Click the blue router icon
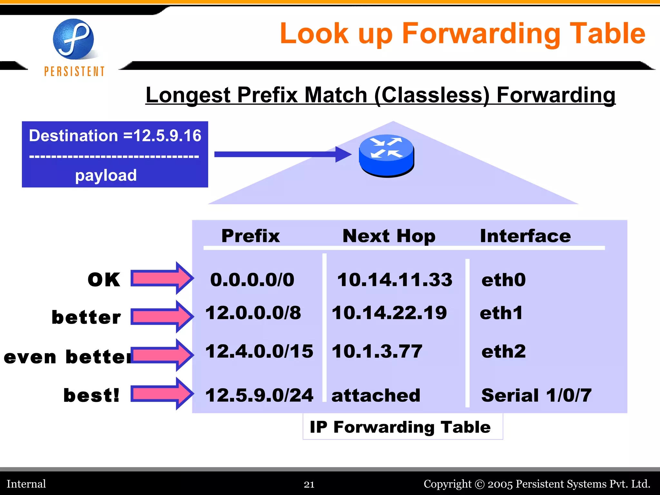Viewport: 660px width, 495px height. coord(386,155)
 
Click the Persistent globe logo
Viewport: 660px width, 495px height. coord(73,39)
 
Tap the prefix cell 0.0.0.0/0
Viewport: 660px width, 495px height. coord(252,279)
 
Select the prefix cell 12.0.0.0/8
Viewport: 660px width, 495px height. coord(253,313)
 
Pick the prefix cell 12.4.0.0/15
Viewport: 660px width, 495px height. coord(259,351)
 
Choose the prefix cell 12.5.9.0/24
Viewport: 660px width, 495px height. coord(259,395)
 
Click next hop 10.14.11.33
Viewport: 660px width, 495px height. coord(394,279)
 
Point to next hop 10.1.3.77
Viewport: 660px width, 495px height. coord(377,351)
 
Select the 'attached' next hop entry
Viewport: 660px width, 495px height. coord(376,395)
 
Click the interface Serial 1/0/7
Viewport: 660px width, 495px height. coord(536,395)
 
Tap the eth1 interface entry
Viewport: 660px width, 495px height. coord(501,313)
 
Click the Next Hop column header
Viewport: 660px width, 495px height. coord(389,236)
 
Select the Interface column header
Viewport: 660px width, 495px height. coord(525,236)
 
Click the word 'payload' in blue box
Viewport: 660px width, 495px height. coord(106,175)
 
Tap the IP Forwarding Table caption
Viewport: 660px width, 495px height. coord(400,427)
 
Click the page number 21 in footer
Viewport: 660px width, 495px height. coord(309,484)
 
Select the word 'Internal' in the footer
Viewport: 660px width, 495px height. coord(26,484)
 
